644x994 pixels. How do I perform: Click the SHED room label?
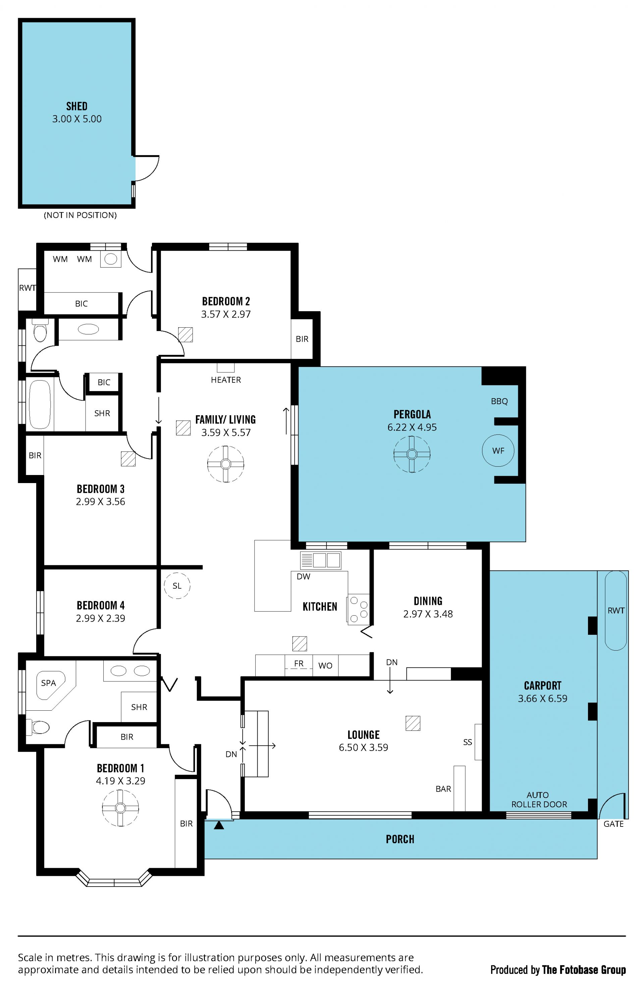[77, 106]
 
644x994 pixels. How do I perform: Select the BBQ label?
[499, 401]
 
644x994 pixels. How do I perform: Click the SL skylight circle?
[177, 585]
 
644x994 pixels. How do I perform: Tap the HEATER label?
[226, 380]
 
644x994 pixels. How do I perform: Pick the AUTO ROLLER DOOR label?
[539, 799]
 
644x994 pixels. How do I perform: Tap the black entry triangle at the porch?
[219, 825]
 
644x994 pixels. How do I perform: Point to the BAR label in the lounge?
[443, 789]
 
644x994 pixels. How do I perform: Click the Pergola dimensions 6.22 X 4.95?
[412, 427]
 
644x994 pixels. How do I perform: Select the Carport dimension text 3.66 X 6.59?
[543, 698]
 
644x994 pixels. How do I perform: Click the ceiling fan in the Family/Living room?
[226, 464]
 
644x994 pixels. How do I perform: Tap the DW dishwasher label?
[304, 576]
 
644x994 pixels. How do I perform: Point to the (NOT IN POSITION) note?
[80, 215]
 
